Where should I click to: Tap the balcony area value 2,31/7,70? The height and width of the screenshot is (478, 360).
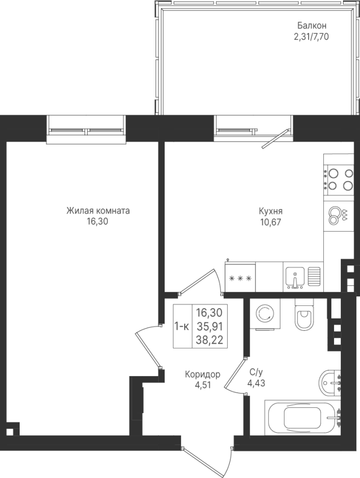pos(311,37)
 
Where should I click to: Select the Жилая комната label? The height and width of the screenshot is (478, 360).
pos(98,211)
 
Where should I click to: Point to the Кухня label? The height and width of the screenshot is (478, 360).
pos(270,211)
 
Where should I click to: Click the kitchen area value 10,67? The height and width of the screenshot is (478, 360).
pos(270,222)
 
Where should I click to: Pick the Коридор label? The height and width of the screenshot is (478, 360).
pos(202,374)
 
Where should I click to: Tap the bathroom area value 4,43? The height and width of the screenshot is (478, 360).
pos(256,383)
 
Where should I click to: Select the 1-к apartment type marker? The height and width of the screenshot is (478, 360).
pos(182,327)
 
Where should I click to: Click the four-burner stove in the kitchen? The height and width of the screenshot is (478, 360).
pos(339,180)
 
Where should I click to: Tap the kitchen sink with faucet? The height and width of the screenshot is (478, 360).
pos(295,277)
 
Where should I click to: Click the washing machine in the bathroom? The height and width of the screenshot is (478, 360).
pos(264,314)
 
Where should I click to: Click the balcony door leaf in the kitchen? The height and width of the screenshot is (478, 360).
pos(275,139)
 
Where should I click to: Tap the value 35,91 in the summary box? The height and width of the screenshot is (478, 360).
pos(210,327)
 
